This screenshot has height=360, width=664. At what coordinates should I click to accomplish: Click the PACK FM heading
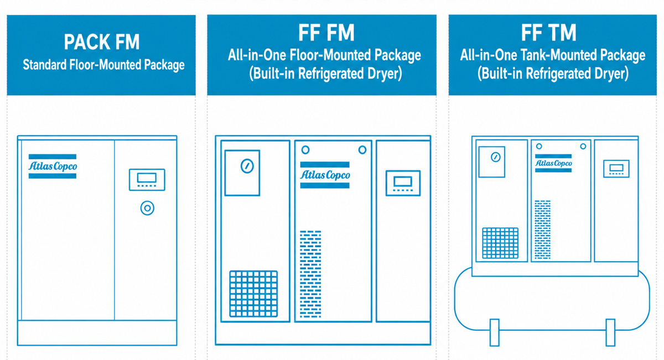102,42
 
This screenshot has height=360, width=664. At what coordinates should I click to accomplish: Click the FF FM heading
326,33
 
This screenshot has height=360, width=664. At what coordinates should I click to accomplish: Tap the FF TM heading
549,33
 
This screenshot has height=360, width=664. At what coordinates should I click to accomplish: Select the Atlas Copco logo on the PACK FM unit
53,166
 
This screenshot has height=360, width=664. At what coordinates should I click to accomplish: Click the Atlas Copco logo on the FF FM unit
325,175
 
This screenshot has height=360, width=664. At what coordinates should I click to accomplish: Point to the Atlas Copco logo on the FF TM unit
553,163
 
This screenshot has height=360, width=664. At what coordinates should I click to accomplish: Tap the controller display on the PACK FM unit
147,180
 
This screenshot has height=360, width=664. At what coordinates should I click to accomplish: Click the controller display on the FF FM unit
403,183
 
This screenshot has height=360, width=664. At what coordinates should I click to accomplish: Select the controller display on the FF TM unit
616,169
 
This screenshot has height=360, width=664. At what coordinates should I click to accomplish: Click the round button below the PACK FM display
147,208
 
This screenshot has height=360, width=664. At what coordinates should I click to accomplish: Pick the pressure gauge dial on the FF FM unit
247,166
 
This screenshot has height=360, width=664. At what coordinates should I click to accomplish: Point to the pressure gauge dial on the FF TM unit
496,157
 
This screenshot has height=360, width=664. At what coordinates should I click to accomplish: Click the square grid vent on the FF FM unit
253,294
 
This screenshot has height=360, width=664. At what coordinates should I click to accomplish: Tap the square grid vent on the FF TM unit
500,243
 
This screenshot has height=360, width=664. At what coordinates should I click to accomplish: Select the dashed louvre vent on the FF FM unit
310,274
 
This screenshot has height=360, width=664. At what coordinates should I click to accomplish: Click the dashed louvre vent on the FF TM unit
543,229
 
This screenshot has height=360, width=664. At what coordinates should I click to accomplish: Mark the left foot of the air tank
495,332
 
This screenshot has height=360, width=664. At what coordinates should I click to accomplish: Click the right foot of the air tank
610,332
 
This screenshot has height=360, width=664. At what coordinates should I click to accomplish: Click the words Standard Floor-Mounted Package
103,65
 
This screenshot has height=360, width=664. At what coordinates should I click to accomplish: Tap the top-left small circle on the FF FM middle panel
305,150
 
